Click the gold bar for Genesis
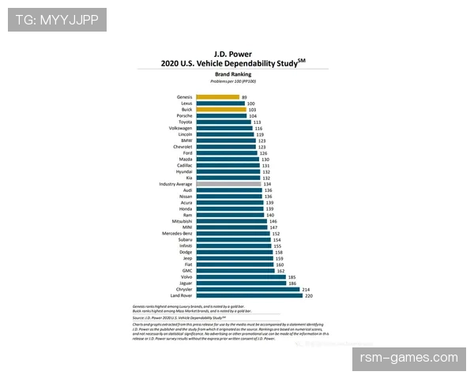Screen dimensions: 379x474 217,97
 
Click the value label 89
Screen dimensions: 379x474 245,97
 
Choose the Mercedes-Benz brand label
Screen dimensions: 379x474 177,234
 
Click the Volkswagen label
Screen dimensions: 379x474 179,128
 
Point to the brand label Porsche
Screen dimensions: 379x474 183,116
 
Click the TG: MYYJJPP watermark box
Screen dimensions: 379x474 57,19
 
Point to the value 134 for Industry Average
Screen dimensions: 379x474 277,184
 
